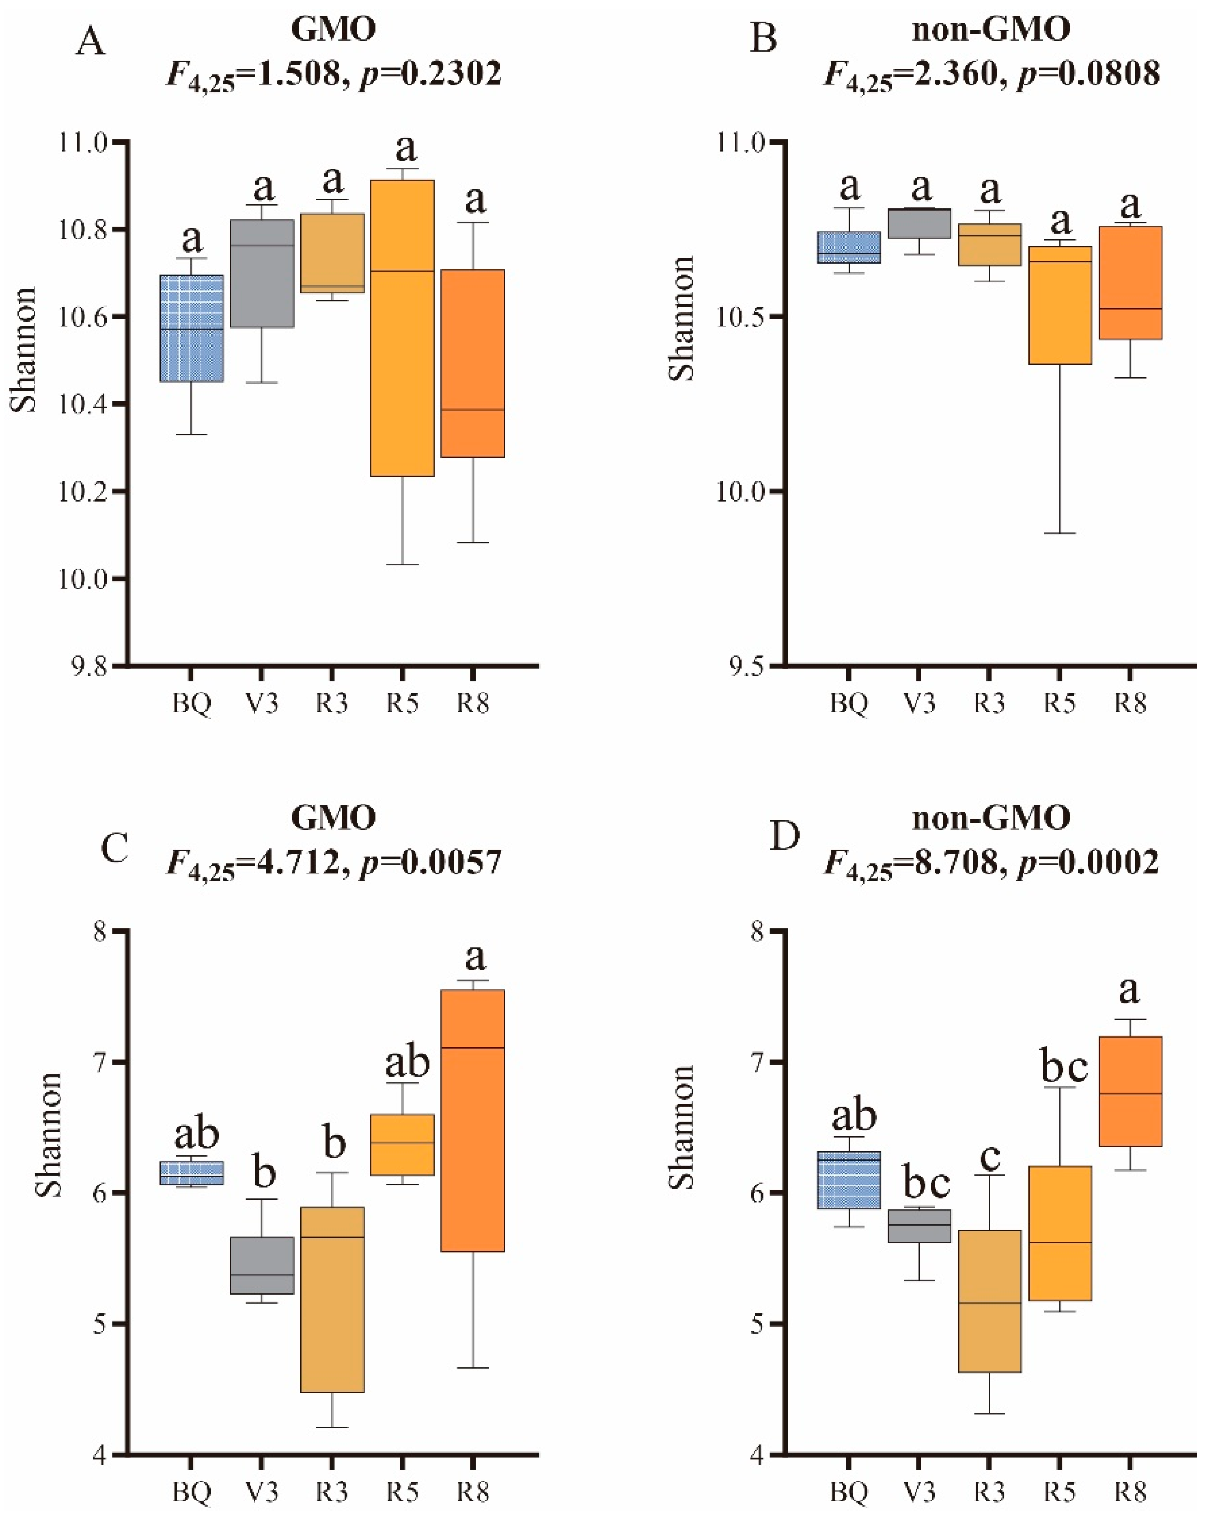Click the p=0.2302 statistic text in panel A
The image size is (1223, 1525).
430,73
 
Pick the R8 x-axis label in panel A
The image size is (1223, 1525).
472,704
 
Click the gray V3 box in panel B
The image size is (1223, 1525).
919,224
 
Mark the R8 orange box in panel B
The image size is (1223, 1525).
1130,283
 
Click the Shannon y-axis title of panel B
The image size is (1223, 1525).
681,318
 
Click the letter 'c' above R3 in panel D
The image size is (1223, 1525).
989,1157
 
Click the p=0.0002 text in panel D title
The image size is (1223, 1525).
1088,862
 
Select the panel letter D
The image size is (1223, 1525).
784,837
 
